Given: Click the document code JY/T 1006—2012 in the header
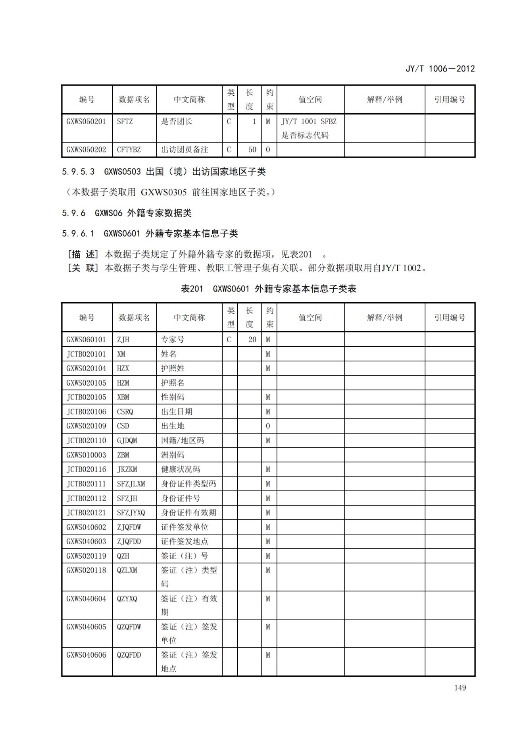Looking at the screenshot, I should tap(440, 69).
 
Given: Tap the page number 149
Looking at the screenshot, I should tap(460, 687).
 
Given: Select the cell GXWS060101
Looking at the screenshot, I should tap(86, 340).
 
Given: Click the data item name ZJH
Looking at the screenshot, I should tap(123, 340).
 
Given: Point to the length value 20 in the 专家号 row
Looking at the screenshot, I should tap(252, 340).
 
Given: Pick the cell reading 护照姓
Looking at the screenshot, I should tap(173, 369).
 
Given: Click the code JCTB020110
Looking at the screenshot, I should tap(86, 440).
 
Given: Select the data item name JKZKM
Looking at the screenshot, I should tap(127, 469).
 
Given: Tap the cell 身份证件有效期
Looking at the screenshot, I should tap(188, 513).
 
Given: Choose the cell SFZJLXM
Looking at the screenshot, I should tap(131, 484).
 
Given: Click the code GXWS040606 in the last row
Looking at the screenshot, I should tap(86, 655).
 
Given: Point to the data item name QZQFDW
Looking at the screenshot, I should tap(129, 627).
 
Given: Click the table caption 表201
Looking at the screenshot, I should tap(192, 289).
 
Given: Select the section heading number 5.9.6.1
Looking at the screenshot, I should tap(78, 234).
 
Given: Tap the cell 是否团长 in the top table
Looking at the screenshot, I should tap(177, 122).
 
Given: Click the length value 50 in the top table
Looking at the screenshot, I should tap(252, 150).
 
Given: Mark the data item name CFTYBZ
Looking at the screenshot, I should tap(129, 150).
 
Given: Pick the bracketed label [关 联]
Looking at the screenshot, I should tap(83, 268).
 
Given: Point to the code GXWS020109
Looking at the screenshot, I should tap(86, 426).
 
